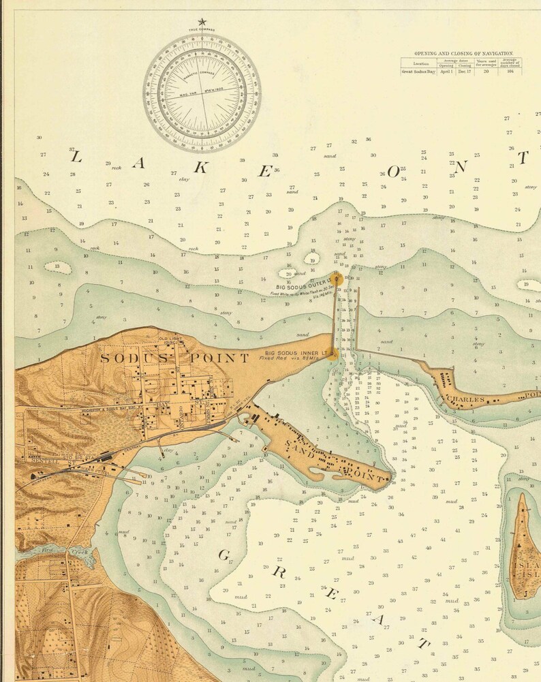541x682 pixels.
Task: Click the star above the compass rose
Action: [x=202, y=22]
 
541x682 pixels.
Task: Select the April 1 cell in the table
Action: [x=446, y=71]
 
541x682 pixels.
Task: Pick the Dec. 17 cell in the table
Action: [x=465, y=71]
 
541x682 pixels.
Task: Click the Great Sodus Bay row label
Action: [x=418, y=71]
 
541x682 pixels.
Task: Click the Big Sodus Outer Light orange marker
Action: [x=337, y=277]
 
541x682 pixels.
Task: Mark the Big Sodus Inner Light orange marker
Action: [x=333, y=354]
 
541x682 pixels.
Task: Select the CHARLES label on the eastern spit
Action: [x=464, y=399]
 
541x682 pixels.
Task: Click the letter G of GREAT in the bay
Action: [x=223, y=555]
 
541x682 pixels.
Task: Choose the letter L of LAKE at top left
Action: [x=76, y=157]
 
